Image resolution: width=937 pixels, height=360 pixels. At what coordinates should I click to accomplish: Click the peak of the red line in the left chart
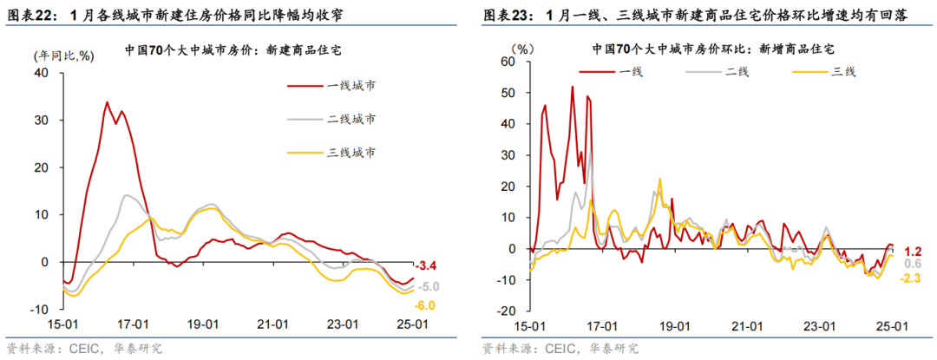tap(107, 102)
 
